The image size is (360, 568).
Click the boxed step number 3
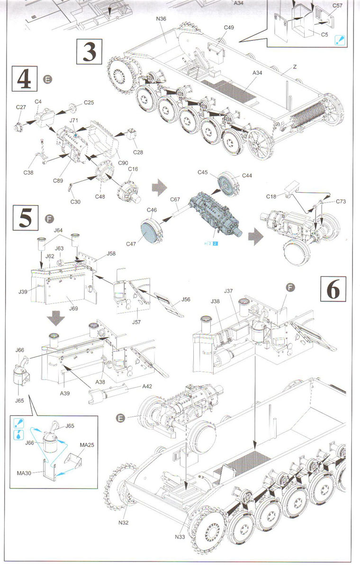(x=89, y=52)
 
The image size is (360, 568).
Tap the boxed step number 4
(x=25, y=79)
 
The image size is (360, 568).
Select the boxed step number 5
(x=26, y=218)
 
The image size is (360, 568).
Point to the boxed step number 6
(x=333, y=289)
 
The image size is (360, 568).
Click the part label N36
(x=161, y=19)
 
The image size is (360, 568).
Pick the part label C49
(x=229, y=27)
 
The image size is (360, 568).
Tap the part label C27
(x=21, y=107)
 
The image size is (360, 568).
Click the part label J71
(x=73, y=120)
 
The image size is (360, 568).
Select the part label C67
(x=175, y=199)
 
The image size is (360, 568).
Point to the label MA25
(x=87, y=445)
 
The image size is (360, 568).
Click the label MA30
(x=24, y=473)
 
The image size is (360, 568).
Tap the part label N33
(x=180, y=537)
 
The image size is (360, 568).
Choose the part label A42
(x=147, y=386)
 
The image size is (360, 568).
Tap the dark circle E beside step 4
(x=47, y=80)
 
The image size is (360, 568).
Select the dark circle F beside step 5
(x=49, y=218)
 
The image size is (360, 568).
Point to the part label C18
(x=271, y=196)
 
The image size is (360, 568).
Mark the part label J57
(x=136, y=322)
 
